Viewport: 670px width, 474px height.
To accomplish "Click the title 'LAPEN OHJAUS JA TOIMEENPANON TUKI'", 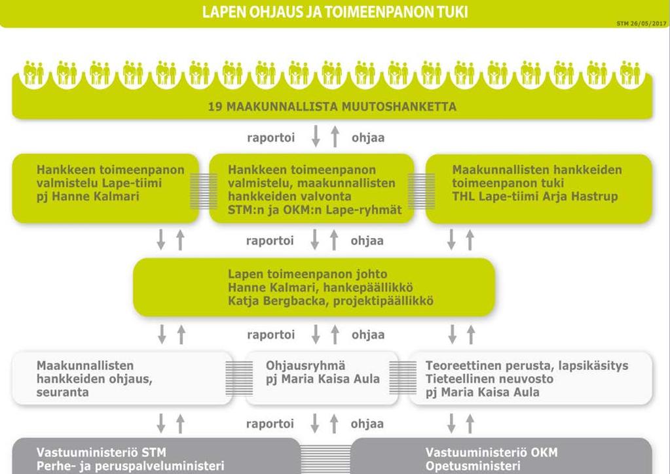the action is [335, 12].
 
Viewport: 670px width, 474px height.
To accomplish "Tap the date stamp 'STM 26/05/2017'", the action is [642, 24].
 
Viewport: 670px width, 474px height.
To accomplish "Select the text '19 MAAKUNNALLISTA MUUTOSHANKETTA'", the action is [332, 106].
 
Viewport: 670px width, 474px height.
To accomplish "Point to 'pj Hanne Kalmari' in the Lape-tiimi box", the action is [88, 196].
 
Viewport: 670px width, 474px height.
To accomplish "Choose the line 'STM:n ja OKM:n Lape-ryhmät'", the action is [315, 210].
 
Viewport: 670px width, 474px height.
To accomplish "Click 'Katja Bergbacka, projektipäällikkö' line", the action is [331, 301].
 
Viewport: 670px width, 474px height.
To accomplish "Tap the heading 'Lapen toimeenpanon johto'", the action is [308, 274].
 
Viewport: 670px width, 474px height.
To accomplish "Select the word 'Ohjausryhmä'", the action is [305, 365].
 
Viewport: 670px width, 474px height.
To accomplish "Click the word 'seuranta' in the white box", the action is [63, 392].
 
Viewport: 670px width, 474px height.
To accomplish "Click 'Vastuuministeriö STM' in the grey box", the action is [102, 452].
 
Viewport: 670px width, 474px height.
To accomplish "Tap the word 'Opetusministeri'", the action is [473, 466].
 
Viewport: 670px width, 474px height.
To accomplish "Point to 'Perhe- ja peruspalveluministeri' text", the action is [130, 466].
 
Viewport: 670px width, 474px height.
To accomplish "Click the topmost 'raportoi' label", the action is [271, 138].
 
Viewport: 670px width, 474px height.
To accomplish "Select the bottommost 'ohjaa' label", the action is [367, 424].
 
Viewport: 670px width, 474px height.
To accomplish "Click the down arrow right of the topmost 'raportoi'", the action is [316, 136].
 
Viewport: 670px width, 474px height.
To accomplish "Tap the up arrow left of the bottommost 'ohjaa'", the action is [334, 423].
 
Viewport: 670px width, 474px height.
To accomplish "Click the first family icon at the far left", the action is [34, 73].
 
